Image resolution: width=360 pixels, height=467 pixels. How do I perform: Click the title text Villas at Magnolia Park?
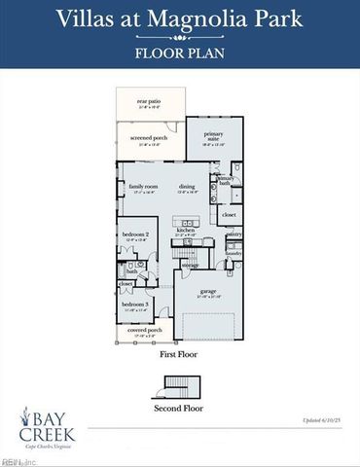pos(180,18)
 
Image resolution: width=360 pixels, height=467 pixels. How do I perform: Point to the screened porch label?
pos(149,138)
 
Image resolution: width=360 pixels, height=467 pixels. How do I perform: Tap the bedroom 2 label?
pos(135,234)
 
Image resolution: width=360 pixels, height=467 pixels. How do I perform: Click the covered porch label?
pos(142,331)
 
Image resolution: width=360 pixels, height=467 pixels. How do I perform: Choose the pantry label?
pos(234,234)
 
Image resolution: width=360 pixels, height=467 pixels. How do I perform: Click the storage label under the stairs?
pos(191,264)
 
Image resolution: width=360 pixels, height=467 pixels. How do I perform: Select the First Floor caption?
pos(179,355)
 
